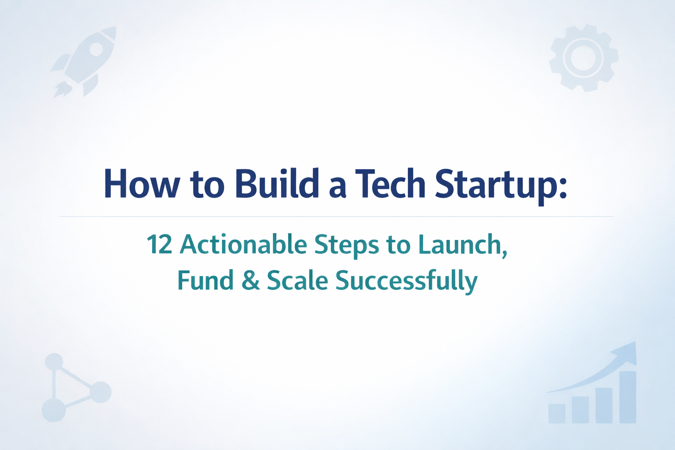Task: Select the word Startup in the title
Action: click(x=494, y=185)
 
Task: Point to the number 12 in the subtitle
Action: click(x=159, y=244)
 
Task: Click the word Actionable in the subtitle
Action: click(x=243, y=244)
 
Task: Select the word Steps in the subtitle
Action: click(x=346, y=245)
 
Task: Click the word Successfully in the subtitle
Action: click(x=406, y=281)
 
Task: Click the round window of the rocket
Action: click(x=96, y=49)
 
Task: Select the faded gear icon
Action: click(x=584, y=58)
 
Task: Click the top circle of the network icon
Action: click(x=54, y=362)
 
